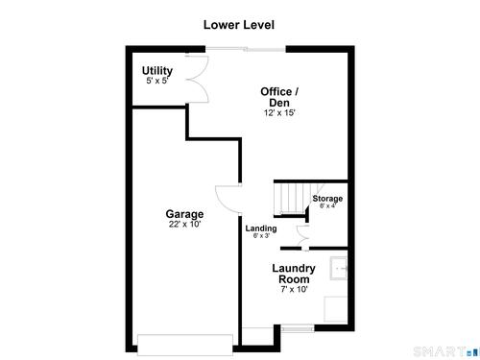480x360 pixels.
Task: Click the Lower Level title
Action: point(239,25)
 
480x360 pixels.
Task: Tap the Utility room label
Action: point(157,70)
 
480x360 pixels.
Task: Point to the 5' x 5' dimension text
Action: point(157,81)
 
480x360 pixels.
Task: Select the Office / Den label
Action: point(279,97)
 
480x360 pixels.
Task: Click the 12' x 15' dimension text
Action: point(279,112)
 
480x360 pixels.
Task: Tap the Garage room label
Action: point(184,214)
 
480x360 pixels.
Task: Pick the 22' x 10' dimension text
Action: point(184,224)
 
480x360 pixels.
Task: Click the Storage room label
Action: point(327,199)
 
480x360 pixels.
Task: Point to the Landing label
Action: point(261,228)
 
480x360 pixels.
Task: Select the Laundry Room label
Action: point(294,274)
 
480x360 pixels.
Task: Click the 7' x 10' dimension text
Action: point(294,289)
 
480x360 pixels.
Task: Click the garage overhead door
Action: point(185,345)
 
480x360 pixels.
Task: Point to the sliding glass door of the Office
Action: point(246,49)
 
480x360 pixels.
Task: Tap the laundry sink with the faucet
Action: point(339,268)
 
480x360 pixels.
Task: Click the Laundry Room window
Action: point(298,328)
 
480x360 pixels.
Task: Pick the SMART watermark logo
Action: point(446,352)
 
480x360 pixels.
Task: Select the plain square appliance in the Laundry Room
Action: point(336,309)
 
